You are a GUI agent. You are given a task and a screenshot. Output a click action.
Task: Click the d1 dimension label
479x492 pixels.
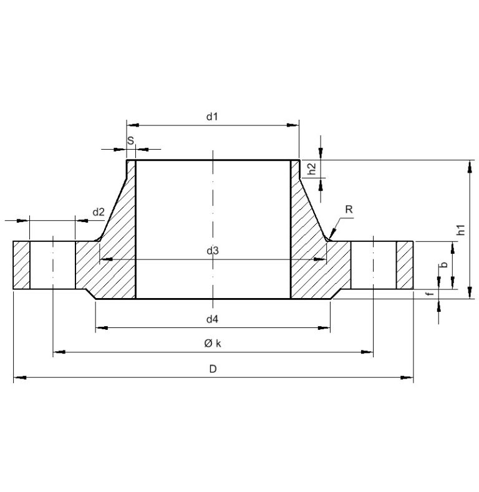pos(213,117)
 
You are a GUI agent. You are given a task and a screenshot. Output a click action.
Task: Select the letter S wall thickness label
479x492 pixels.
pos(130,141)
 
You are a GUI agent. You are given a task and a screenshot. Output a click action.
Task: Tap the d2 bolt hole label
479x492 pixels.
pos(99,212)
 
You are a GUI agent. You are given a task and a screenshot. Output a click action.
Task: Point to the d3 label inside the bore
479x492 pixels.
pos(213,251)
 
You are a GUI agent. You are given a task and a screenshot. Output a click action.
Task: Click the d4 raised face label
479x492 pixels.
pos(213,319)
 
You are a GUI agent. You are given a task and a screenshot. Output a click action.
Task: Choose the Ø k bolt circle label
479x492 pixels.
pos(213,344)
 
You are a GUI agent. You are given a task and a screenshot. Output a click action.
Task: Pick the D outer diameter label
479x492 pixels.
pos(213,369)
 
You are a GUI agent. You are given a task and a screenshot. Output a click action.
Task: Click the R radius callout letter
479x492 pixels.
pos(349,210)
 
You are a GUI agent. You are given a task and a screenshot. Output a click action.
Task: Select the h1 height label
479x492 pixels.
pos(461,229)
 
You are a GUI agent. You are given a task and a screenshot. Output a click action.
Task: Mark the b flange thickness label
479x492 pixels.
pos(443,265)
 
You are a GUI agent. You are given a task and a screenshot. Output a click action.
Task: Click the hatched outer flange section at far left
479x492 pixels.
pos(21,266)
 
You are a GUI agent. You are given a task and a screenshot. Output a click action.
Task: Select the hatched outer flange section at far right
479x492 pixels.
pos(405,266)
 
